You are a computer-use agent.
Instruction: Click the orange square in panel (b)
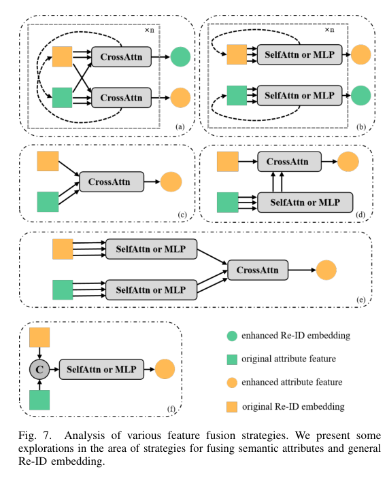tap(236, 54)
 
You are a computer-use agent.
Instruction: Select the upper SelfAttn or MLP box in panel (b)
tap(297, 54)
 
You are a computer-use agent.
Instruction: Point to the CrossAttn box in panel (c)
tap(111, 181)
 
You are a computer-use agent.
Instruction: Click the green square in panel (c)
tap(48, 202)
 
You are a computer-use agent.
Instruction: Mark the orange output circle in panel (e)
tap(325, 270)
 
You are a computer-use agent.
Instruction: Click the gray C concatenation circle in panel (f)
tap(39, 370)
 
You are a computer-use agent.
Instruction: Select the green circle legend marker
tap(233, 335)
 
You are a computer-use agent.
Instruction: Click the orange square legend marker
tap(233, 406)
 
